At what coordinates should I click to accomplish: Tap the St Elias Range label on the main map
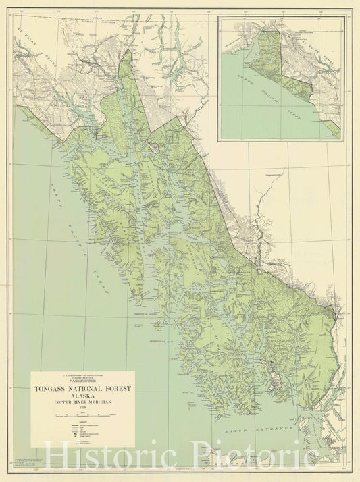point(27,36)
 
